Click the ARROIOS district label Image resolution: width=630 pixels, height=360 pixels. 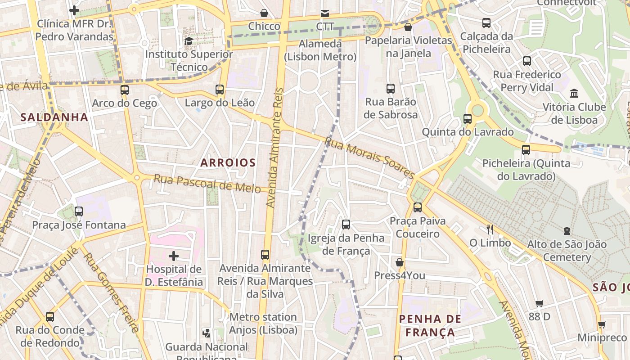coord(228,163)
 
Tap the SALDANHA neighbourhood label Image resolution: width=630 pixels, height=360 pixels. coord(54,117)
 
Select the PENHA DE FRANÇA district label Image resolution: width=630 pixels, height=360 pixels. coord(430,326)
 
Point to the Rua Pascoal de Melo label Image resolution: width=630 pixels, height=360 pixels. coord(207,184)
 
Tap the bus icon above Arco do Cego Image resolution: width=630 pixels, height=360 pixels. coord(125,90)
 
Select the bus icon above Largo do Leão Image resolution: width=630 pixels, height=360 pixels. coord(220,90)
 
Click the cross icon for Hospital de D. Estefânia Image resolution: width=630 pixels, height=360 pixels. coord(174,256)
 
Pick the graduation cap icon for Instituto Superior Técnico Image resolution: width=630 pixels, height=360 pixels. coord(189,41)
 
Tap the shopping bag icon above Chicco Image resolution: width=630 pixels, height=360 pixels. coord(264,13)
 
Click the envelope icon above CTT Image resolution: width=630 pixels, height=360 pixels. coord(324,13)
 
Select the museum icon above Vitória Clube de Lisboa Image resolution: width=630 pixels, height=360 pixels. coord(574,94)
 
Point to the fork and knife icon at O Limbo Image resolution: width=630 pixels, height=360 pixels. coord(490,229)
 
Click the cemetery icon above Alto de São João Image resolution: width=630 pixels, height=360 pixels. coord(567,231)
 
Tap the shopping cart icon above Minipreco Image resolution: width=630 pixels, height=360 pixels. coord(602,324)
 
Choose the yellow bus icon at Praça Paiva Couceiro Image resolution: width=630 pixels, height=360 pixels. coord(418,207)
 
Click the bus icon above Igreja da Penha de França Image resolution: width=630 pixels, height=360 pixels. coord(346,225)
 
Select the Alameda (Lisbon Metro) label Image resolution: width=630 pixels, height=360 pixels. coord(320,50)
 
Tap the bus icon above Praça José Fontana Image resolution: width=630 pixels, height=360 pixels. coord(79,211)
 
